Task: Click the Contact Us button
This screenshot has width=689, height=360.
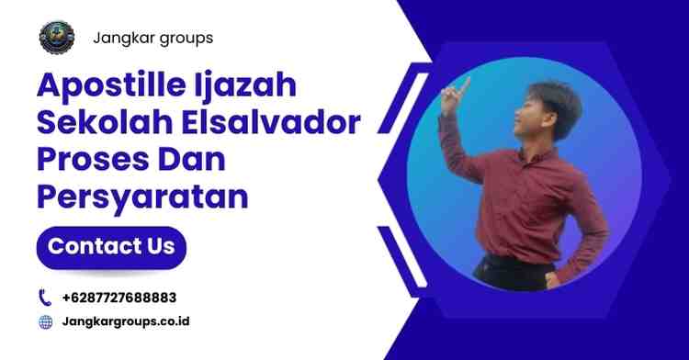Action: point(110,246)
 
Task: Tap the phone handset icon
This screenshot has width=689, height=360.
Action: point(45,298)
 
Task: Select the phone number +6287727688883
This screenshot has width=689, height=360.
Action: point(119,298)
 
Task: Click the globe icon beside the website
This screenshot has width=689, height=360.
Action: point(45,321)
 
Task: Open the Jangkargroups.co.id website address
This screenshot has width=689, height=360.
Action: point(127,321)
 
